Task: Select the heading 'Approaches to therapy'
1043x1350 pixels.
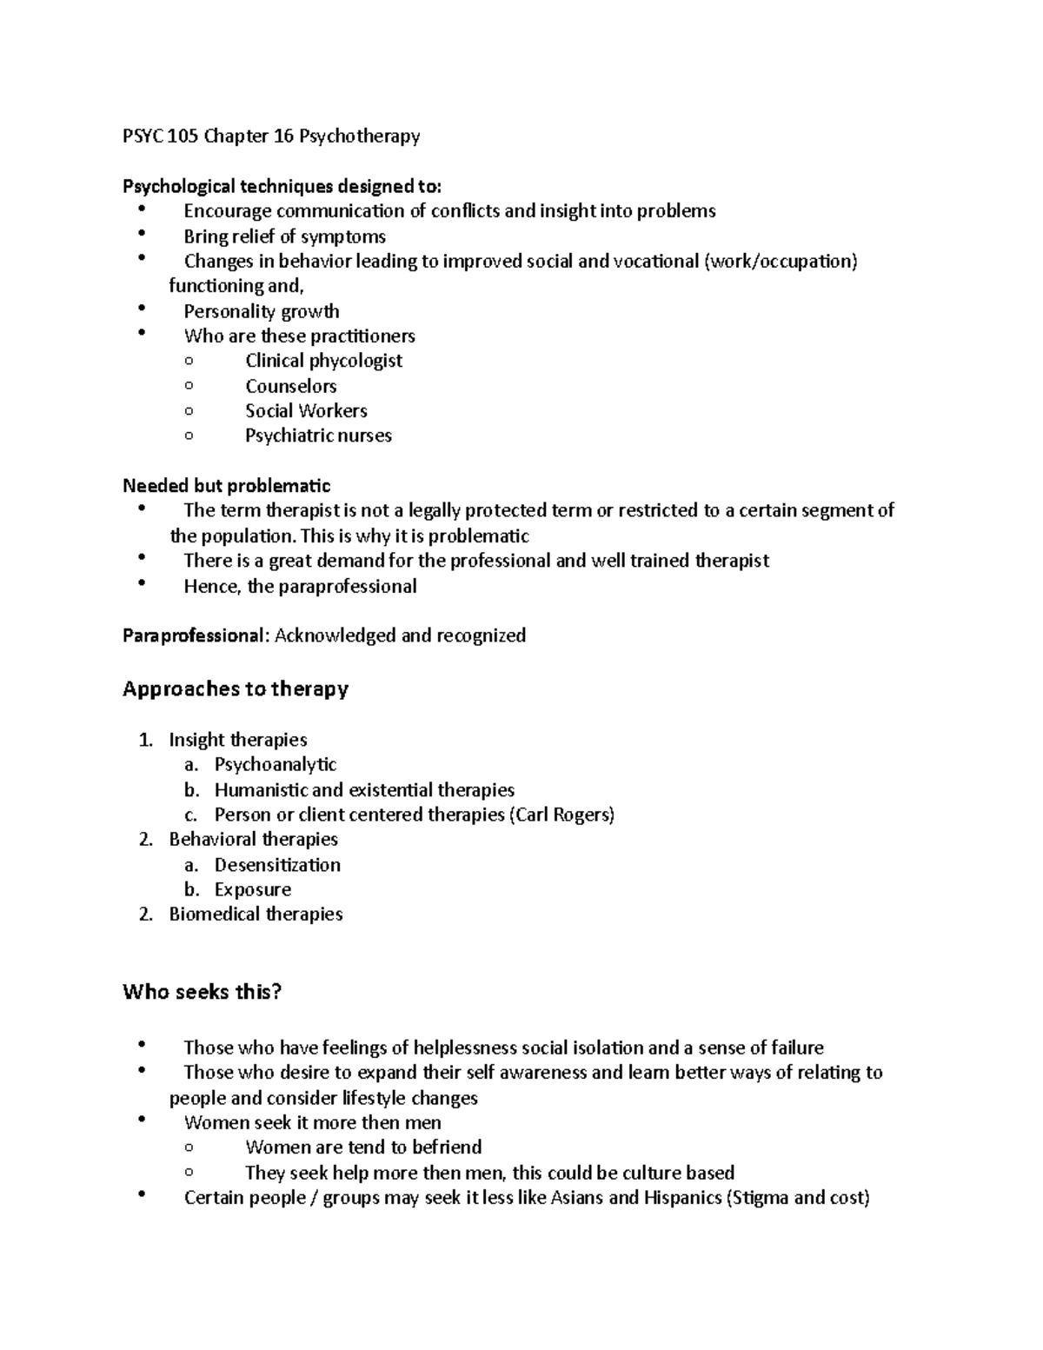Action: tap(236, 688)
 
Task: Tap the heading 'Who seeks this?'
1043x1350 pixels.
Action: tap(203, 991)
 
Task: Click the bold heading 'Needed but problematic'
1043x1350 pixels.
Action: tap(226, 485)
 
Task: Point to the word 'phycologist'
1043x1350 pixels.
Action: tap(355, 360)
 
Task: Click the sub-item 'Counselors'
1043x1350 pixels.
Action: tap(290, 385)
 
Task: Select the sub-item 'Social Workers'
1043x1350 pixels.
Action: tap(306, 410)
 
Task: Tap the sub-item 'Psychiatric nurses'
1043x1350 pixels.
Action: tap(318, 436)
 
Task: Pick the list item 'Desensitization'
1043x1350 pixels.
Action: tap(277, 865)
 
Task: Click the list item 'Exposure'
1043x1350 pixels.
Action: tap(252, 889)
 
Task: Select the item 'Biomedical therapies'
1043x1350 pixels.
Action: tap(256, 914)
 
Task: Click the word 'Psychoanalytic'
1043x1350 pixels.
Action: tap(275, 764)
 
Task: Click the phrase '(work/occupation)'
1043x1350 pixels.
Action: tap(780, 261)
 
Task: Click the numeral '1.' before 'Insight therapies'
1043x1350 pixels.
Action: tap(145, 740)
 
